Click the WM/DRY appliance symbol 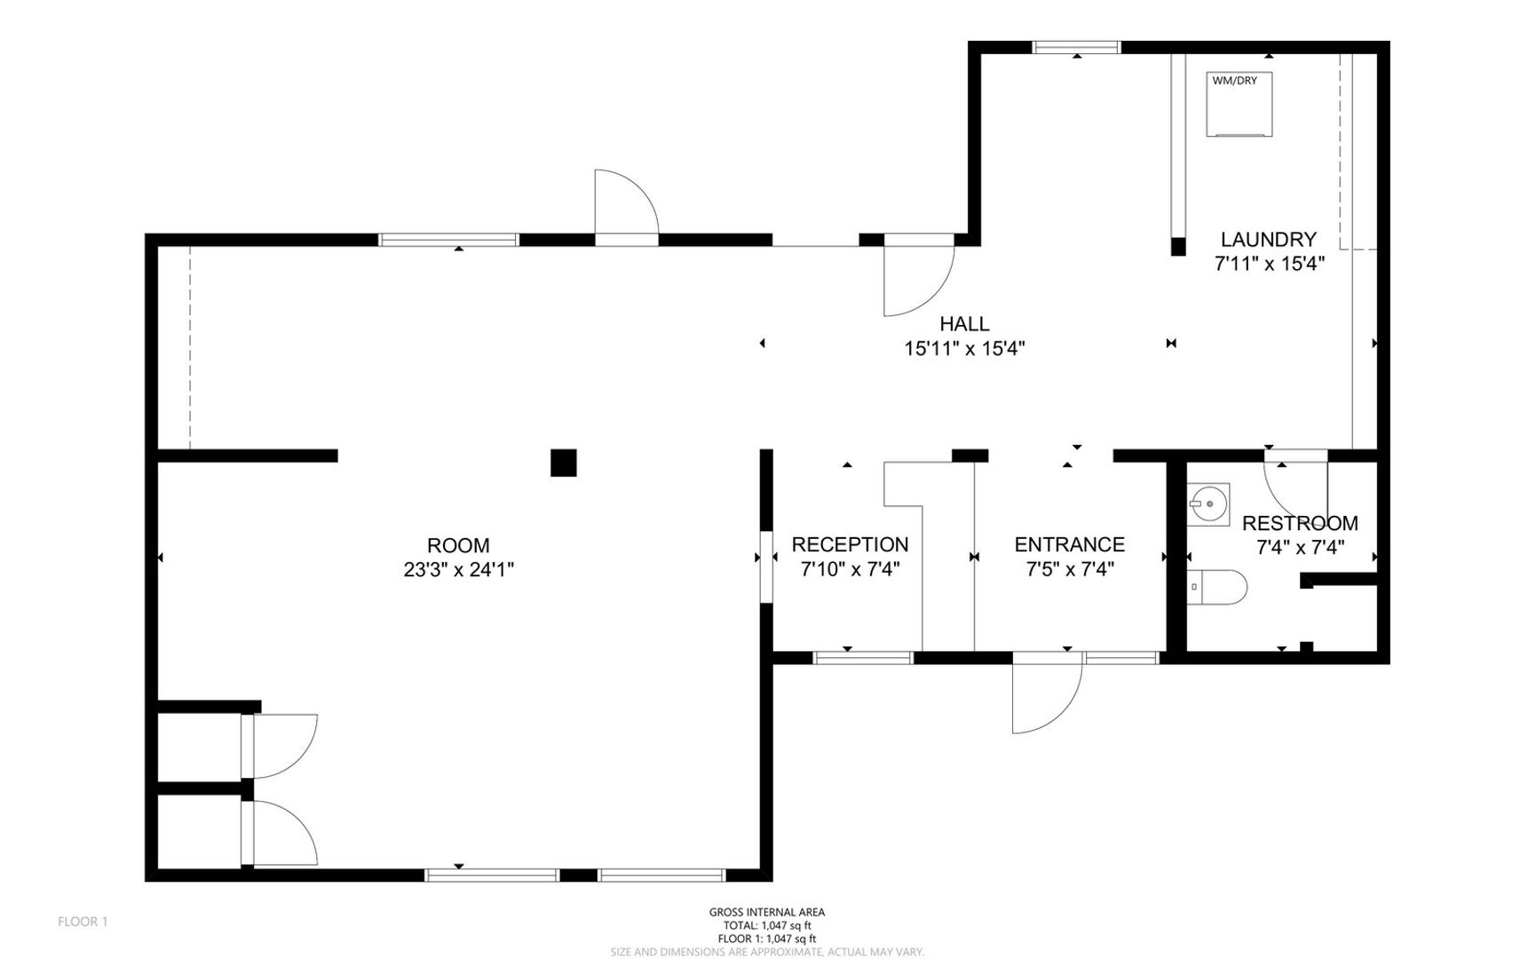tap(1239, 104)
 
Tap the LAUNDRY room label tap(1268, 239)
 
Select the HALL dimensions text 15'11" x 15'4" tap(964, 349)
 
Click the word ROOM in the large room tap(458, 545)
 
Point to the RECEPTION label tap(850, 544)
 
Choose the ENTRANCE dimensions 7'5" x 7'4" tap(1070, 569)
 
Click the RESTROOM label tap(1300, 523)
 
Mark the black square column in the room tap(564, 463)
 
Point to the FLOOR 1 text tap(83, 922)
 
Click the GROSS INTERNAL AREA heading tap(767, 912)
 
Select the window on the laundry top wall tap(1077, 48)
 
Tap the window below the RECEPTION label tap(863, 658)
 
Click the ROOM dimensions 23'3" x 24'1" tap(459, 570)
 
